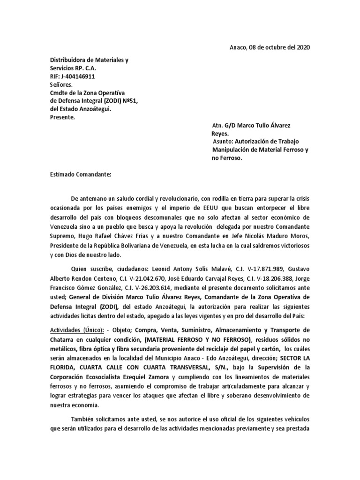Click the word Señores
point(61,85)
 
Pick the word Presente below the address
point(62,117)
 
